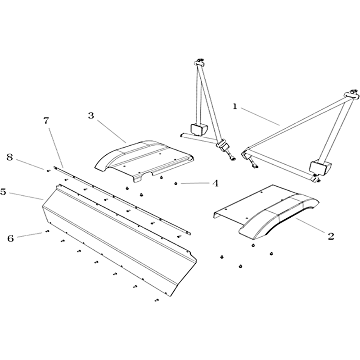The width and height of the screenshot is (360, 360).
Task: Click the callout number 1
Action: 234,107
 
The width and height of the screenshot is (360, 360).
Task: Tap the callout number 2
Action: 331,236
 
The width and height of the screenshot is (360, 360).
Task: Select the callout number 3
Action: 91,116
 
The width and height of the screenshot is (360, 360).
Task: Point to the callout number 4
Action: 215,183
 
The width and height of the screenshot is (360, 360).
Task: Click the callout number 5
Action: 3,192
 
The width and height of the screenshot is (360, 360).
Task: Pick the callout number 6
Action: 10,238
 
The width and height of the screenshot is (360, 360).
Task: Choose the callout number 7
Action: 46,121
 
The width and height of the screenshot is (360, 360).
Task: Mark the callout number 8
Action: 9,157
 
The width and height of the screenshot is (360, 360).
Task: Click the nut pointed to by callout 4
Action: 176,183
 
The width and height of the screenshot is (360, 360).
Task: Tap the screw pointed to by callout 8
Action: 49,171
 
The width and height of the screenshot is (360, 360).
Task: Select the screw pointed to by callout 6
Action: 47,231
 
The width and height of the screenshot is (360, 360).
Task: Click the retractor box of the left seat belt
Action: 198,129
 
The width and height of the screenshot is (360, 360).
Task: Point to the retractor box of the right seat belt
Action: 320,166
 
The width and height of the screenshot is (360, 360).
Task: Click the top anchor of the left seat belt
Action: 199,62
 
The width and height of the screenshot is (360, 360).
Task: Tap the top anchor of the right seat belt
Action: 351,94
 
